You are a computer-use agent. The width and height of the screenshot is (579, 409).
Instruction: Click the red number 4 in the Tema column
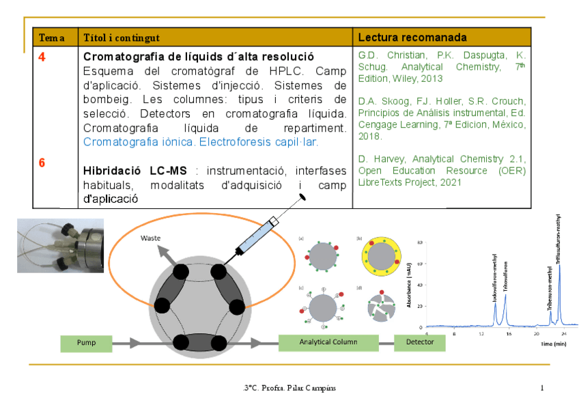click(x=42, y=57)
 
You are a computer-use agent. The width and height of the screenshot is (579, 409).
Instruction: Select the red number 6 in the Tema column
click(x=42, y=163)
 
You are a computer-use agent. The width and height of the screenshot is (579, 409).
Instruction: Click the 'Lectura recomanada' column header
click(x=412, y=37)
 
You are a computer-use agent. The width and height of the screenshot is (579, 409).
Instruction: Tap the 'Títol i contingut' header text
click(x=122, y=38)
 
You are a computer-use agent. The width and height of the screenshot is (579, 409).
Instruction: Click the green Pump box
click(x=87, y=343)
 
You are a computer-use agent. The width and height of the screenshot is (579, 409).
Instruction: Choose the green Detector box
click(x=419, y=342)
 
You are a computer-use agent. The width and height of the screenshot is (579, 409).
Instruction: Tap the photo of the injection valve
click(x=60, y=245)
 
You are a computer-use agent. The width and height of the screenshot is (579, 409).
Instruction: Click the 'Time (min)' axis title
click(x=554, y=344)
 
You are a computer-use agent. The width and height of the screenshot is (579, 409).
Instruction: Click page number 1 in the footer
click(x=541, y=389)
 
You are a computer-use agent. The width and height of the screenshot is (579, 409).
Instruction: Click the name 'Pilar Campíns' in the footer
click(x=315, y=389)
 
